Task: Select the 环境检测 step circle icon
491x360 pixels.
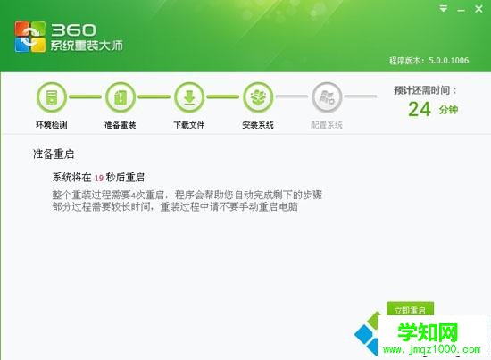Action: point(52,96)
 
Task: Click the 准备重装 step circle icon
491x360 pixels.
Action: point(120,96)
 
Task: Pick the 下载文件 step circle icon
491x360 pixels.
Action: point(189,96)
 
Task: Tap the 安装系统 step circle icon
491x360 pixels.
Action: point(258,96)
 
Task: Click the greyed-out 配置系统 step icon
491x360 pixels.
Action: point(327,96)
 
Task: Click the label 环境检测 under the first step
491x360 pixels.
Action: point(52,125)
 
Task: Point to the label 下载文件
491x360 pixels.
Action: point(189,125)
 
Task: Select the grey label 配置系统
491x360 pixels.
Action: point(327,125)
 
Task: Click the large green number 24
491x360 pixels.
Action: point(419,109)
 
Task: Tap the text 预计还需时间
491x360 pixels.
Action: point(424,90)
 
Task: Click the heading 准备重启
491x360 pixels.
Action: point(54,155)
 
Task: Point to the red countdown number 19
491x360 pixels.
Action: point(100,178)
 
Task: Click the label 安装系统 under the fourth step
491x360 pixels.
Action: point(258,125)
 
